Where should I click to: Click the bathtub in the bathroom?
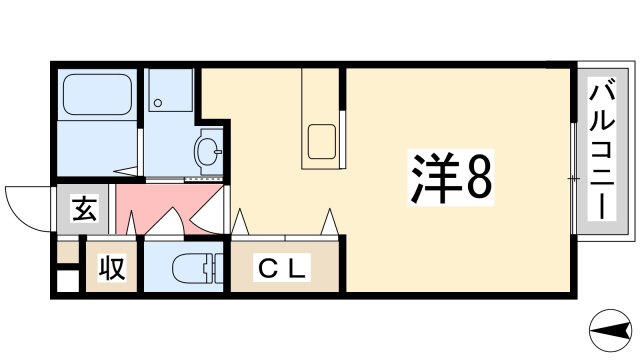coord(95,97)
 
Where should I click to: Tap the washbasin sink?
coord(209,152)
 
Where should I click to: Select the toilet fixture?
coord(190,268)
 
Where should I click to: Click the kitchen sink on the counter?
coord(322,141)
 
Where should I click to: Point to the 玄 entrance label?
coord(83,211)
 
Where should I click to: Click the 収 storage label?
coord(110,267)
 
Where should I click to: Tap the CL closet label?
coord(284,267)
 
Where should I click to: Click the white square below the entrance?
coord(66,281)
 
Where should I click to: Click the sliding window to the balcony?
coord(573,178)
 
